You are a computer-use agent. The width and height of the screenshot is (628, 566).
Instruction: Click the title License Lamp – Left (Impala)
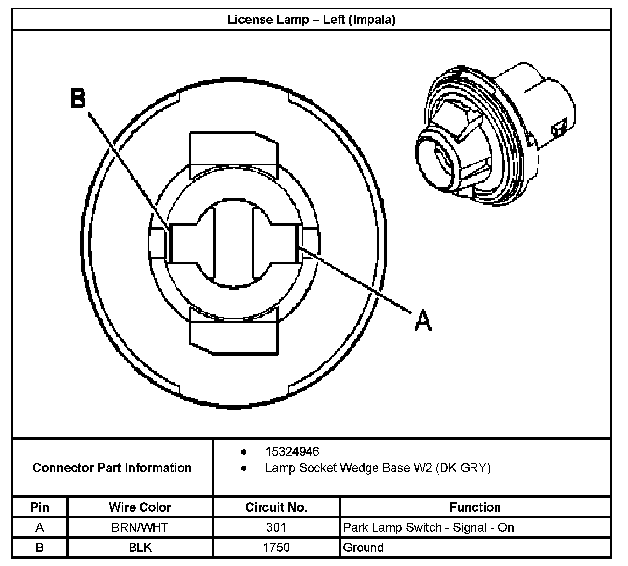(311, 20)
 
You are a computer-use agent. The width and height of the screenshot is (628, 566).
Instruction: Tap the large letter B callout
(78, 98)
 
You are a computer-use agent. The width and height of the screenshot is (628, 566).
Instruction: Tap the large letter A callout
(423, 321)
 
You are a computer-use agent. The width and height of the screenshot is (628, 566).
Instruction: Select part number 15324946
(292, 451)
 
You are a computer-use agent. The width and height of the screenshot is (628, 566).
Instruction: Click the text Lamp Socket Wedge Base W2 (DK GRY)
(377, 468)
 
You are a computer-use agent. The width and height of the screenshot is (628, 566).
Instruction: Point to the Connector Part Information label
(112, 468)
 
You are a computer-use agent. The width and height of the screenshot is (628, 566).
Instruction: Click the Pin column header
(40, 507)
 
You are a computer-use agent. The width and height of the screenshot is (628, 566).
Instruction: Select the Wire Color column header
(140, 507)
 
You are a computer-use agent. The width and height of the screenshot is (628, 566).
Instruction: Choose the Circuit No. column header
(276, 507)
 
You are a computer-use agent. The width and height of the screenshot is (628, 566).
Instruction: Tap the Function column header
(475, 507)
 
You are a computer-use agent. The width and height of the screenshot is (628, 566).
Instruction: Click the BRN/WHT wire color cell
(140, 528)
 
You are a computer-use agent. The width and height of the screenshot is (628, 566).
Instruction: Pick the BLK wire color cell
(140, 547)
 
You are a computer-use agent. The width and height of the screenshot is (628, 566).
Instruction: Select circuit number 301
(276, 528)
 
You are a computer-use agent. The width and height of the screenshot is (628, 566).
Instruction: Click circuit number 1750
(276, 547)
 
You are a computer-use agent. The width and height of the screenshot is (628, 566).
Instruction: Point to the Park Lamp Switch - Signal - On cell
(428, 528)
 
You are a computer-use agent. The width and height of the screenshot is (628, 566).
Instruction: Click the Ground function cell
(363, 547)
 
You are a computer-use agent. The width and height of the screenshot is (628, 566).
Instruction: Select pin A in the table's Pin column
(40, 528)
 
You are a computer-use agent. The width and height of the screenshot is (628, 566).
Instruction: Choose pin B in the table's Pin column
(40, 547)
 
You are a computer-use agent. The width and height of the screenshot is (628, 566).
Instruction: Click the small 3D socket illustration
(493, 135)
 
